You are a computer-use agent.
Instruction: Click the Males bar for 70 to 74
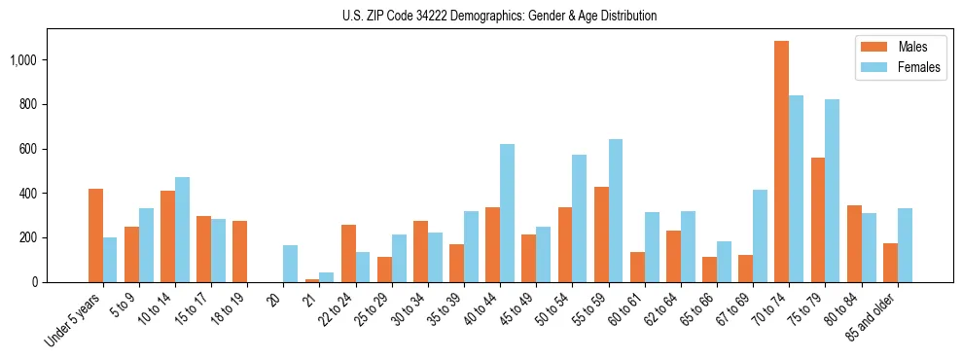point(781,162)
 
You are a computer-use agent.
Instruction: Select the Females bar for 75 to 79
point(832,191)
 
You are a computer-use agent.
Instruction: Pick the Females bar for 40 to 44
point(507,213)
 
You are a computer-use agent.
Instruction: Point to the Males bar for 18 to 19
point(239,251)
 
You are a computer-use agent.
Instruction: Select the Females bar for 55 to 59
point(615,210)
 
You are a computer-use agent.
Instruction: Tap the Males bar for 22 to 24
point(348,253)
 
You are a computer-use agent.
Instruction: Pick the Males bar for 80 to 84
point(854,243)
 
